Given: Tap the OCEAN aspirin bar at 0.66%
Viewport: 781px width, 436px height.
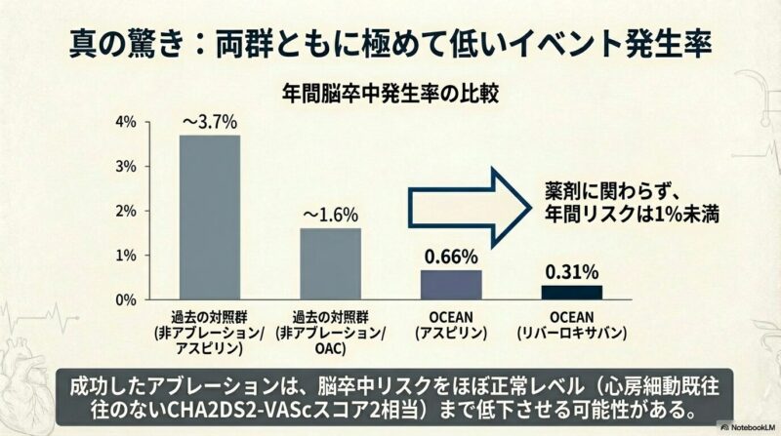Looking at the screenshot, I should [x=451, y=285].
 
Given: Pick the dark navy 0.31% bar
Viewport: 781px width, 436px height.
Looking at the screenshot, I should [x=572, y=292].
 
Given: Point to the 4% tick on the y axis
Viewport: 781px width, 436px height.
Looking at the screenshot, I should [x=126, y=122].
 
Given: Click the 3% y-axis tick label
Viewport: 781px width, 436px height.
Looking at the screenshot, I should [x=126, y=167].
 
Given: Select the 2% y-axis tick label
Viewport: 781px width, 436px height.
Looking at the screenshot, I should [x=126, y=211].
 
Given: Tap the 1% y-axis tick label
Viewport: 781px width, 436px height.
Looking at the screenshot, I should [x=126, y=256].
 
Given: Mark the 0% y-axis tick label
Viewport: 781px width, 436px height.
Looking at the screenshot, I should [x=126, y=300].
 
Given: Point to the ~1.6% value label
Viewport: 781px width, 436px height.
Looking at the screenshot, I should [x=330, y=215].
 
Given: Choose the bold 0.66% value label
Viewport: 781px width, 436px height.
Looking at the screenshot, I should [x=451, y=258].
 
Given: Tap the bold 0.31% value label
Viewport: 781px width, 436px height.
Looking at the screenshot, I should [x=572, y=271].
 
